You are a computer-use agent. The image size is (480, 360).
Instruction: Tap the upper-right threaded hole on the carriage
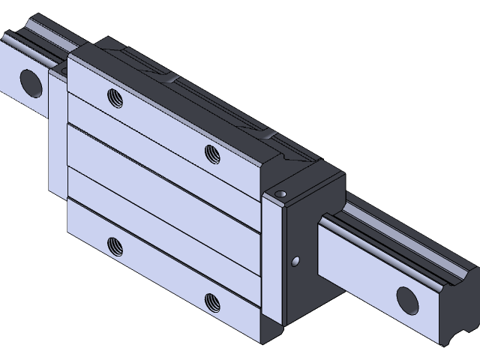[x=211, y=153]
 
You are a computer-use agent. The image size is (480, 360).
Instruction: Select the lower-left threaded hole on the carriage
[x=115, y=244]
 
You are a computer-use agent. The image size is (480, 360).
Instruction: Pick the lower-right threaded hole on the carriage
[x=211, y=301]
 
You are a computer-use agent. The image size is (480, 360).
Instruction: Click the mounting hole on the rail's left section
[x=28, y=79]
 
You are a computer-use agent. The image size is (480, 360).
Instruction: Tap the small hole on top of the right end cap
[x=281, y=193]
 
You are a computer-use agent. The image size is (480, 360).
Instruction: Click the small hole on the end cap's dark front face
[x=295, y=260]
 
